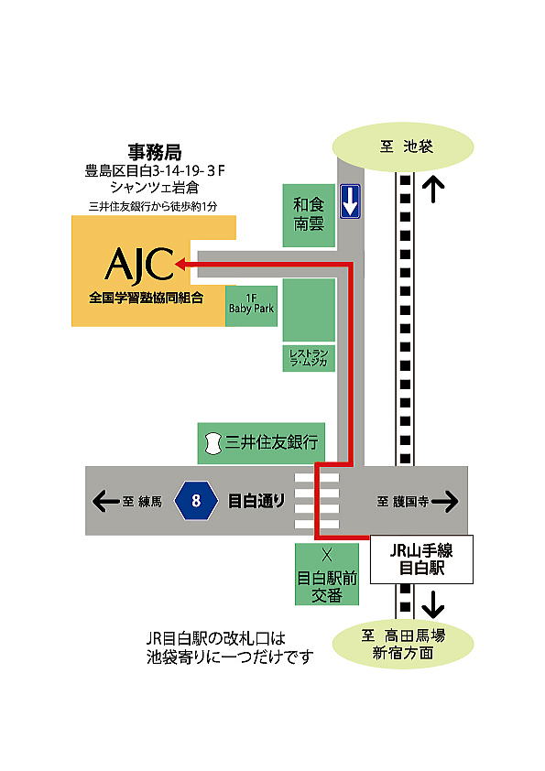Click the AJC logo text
pos(139,265)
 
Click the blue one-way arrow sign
pos(349,201)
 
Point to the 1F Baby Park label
pos(252,304)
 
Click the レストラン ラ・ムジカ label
pos(310,358)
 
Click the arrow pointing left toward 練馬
pos(103,501)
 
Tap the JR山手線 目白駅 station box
pos(421,559)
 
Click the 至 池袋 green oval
pos(403,147)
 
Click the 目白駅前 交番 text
pos(325,586)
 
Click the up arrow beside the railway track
pos(432,190)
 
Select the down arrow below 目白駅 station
pos(432,604)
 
